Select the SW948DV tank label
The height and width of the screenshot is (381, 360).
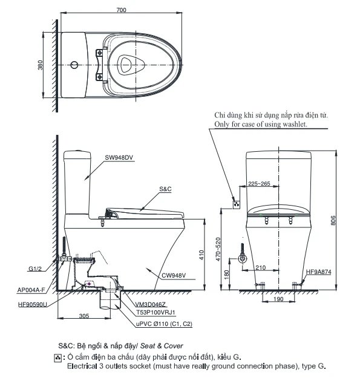click(x=118, y=158)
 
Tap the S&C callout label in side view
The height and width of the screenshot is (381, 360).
click(x=166, y=189)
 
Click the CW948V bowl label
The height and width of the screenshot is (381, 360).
click(x=173, y=277)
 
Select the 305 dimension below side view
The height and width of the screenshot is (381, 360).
click(x=84, y=314)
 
